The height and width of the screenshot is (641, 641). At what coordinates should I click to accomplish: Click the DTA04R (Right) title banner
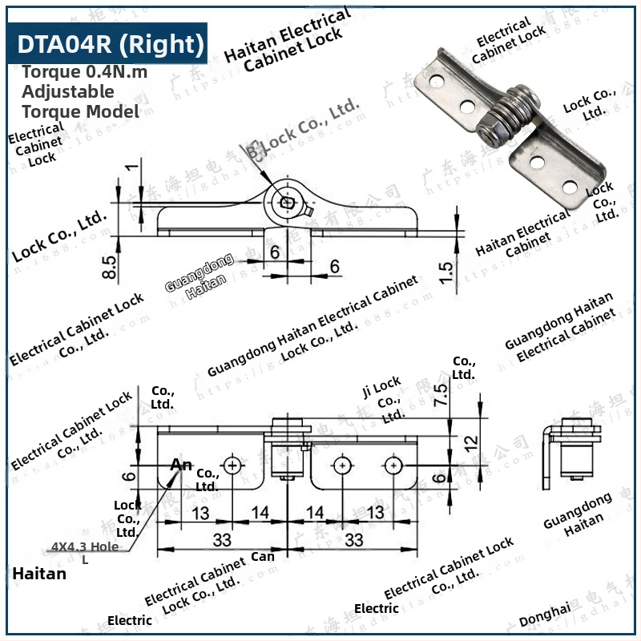pos(110,43)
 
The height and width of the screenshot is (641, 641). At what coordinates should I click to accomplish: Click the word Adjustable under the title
pos(68,91)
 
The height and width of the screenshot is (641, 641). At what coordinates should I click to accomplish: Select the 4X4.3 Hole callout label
pos(85,546)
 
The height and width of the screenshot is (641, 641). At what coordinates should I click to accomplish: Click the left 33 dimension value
pos(222,538)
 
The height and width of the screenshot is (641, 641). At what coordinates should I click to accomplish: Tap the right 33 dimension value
pos(353,538)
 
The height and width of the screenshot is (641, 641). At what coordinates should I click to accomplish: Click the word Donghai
pos(545,615)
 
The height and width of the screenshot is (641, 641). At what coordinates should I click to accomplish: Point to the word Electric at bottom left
pos(130,620)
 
